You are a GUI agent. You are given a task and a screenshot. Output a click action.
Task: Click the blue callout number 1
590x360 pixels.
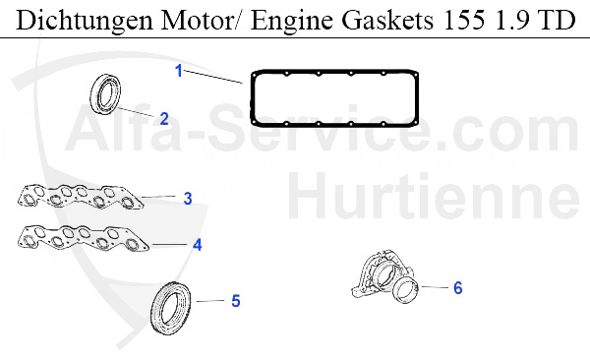point(179,70)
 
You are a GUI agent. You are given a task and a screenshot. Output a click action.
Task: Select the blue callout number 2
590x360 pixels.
point(164,119)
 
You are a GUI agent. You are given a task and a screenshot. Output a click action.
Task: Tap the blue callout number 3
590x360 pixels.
point(187,198)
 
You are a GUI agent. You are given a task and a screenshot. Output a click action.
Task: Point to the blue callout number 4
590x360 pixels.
point(197,244)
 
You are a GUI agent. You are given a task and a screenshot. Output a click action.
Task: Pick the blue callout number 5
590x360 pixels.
point(235,300)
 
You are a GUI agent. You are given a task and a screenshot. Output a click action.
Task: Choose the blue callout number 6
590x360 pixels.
point(457,288)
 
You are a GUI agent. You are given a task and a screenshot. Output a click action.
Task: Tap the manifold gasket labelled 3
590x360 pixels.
point(79,198)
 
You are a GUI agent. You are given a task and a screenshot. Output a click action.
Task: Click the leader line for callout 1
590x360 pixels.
point(216,77)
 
